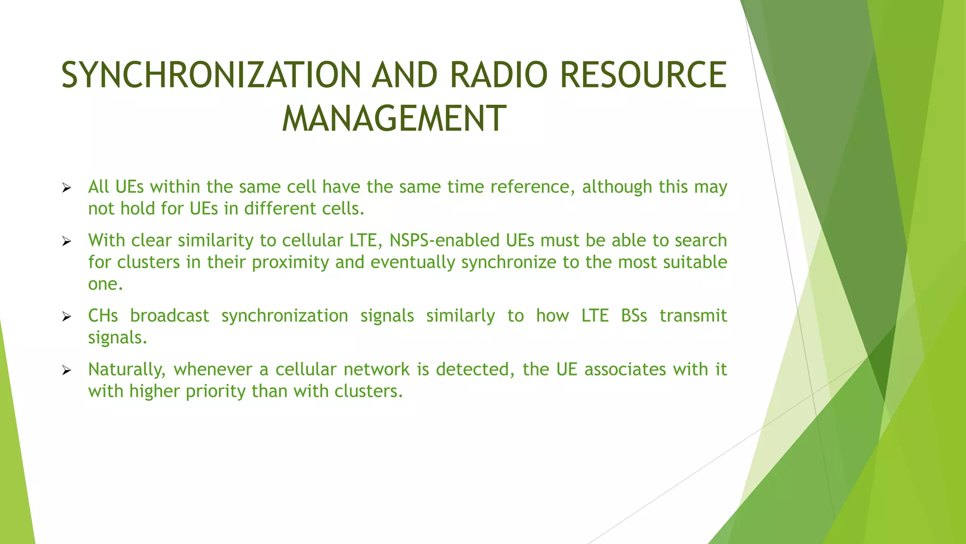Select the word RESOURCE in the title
643,75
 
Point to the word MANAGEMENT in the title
394,119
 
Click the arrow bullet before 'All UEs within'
67,188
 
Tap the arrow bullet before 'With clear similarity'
67,242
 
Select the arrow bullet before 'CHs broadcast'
67,317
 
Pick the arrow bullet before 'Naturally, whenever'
67,371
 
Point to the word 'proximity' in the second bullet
291,263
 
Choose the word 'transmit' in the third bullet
693,316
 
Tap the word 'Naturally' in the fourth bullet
126,370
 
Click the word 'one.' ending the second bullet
105,284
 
